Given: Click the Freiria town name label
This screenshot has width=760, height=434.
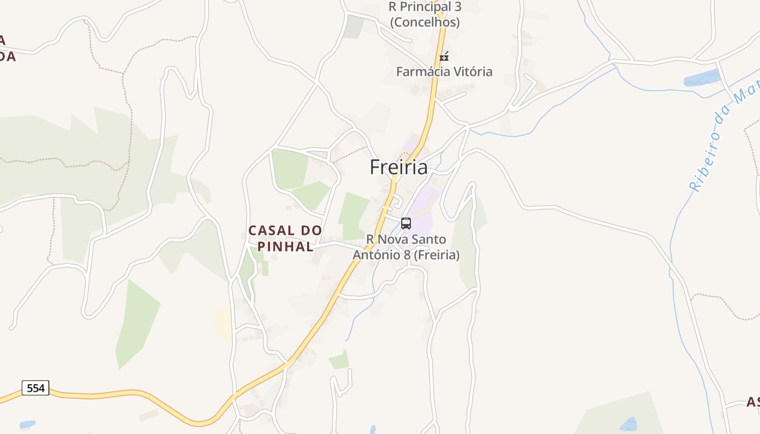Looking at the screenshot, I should tap(398, 167).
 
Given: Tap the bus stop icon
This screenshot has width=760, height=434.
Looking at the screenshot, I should tap(406, 223).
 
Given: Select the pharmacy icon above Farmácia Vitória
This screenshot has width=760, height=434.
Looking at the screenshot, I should tap(444, 56).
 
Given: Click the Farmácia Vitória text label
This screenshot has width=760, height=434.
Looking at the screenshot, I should tap(444, 72).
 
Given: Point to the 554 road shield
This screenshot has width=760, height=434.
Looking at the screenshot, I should tap(36, 388).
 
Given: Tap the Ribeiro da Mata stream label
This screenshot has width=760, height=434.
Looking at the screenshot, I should tap(722, 136).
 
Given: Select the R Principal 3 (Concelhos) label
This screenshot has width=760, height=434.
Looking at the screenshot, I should tap(425, 15).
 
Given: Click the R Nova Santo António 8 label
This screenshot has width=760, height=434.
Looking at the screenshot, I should tap(406, 247).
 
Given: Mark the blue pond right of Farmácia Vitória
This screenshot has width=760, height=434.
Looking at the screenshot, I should tap(701, 78).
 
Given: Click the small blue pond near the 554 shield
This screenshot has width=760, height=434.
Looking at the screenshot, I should tap(27, 424).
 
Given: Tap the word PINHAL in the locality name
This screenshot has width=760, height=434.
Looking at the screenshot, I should tap(286, 247).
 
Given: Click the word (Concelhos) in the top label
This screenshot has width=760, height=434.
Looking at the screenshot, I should tap(425, 22).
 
